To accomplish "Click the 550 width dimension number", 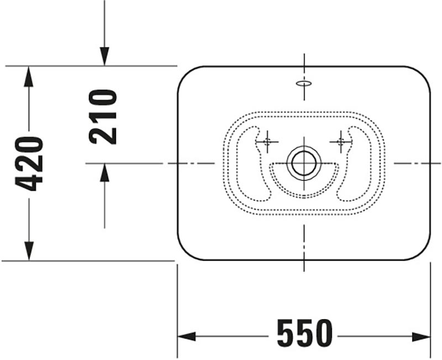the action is coord(305,333).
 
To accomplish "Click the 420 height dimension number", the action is coord(29,164).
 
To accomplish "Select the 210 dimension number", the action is coord(103,117).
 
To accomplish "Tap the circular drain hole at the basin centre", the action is coord(304,163).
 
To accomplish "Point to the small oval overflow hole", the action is coord(304,84).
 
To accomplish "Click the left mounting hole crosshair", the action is coord(267,142).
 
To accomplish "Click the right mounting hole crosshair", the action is coord(341,142).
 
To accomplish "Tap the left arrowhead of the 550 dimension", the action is coord(187,336).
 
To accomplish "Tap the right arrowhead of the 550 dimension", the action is coord(421,336).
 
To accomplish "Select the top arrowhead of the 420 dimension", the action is coord(29,76).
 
